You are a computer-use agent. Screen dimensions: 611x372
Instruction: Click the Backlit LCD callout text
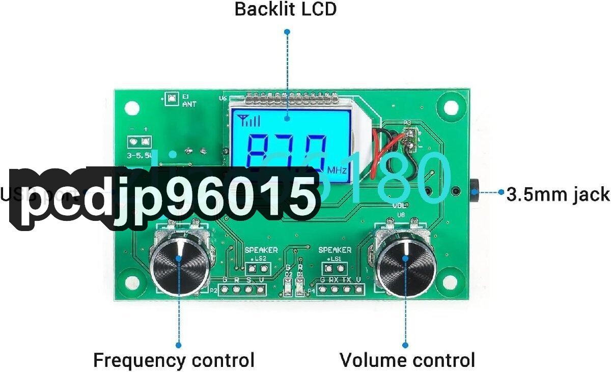point(285,9)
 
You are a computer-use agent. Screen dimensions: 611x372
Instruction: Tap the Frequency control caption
point(174,360)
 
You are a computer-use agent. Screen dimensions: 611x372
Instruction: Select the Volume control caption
point(407,360)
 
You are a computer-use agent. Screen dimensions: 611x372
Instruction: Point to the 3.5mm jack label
point(558,194)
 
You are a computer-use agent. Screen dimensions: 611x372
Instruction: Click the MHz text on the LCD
point(337,170)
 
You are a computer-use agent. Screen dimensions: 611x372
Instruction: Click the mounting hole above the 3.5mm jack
point(451,108)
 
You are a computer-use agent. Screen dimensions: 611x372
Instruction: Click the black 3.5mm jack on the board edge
point(474,192)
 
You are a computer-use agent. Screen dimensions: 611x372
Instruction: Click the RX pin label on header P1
point(334,280)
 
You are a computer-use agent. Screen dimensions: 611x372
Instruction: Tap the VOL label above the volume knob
point(399,206)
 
